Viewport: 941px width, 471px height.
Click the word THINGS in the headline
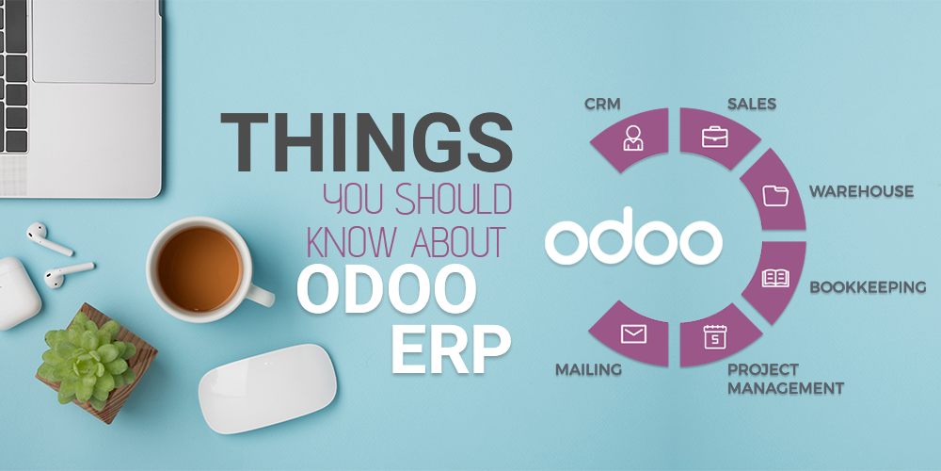[366, 141]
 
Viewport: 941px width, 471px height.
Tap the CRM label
[602, 104]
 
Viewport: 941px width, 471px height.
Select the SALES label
[751, 104]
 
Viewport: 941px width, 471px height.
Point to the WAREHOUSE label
[861, 191]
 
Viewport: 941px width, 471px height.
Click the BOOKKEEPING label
[868, 287]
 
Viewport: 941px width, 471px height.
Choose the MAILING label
[588, 369]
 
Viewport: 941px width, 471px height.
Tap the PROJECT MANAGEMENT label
[786, 379]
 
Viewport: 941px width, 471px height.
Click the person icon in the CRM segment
[632, 138]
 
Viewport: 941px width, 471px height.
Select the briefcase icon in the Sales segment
[715, 137]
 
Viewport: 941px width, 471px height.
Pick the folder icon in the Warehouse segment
[775, 196]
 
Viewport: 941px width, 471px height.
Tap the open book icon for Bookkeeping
[775, 278]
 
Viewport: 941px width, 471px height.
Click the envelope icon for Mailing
[633, 333]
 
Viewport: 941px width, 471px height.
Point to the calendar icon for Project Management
[715, 336]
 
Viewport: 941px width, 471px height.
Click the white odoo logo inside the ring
[633, 236]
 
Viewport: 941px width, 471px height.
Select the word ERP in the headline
[451, 348]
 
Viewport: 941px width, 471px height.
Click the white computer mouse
[267, 388]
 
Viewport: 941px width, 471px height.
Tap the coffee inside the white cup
[199, 268]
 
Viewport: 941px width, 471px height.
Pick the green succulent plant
[87, 363]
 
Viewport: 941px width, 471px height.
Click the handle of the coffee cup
[260, 293]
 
